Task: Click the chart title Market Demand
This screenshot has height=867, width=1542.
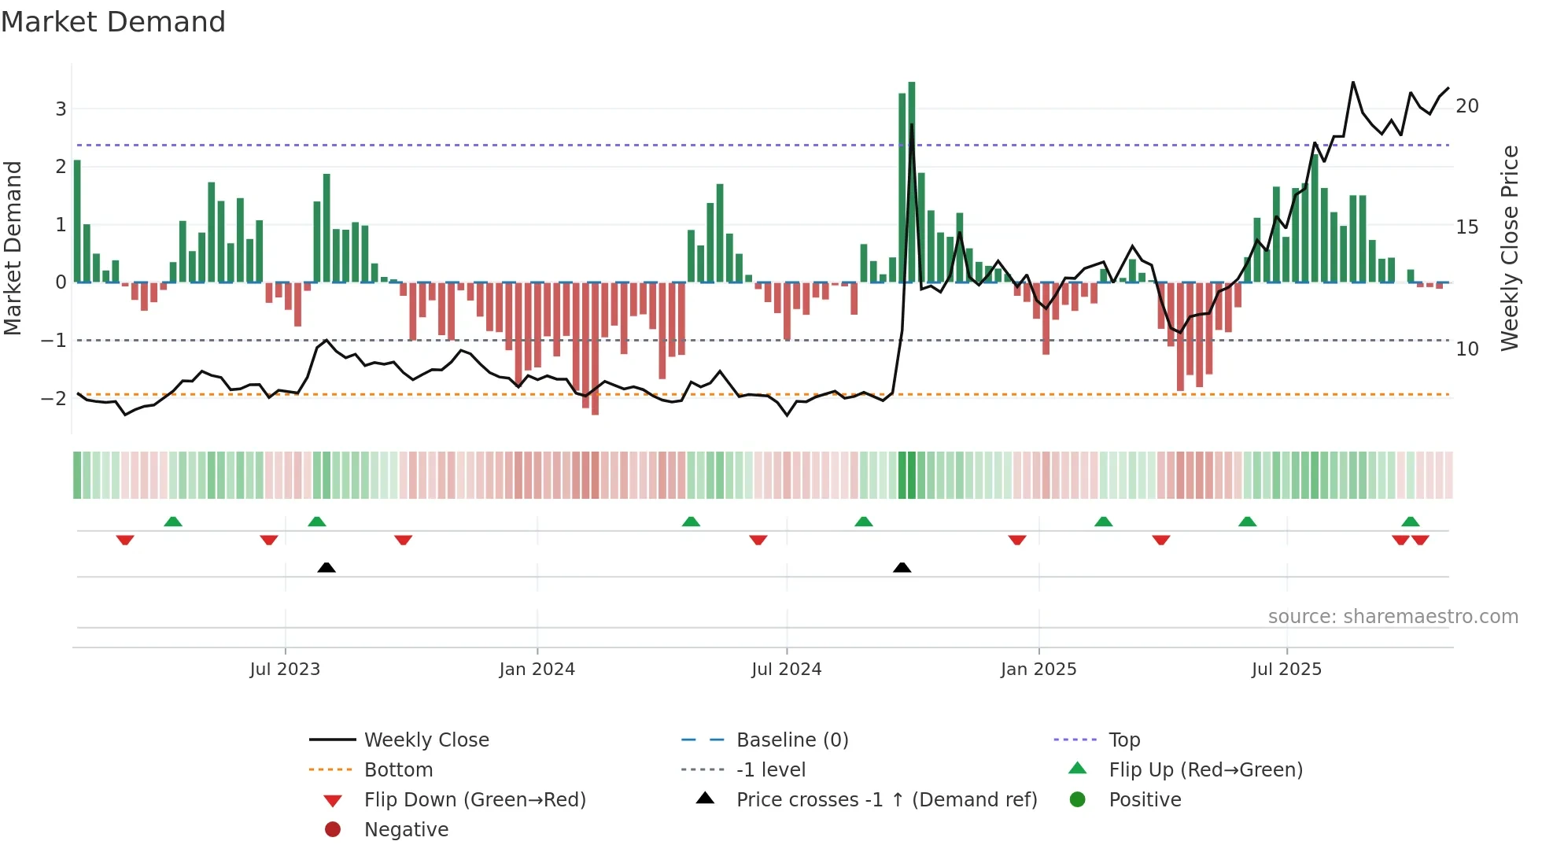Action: point(113,22)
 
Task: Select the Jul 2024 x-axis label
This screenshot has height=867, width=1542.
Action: point(786,670)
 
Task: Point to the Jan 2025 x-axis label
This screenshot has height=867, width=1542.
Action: point(1038,670)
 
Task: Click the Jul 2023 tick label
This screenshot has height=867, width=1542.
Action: point(285,670)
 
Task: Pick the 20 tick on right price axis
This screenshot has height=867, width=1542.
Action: point(1466,106)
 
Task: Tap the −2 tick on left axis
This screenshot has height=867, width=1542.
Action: point(54,398)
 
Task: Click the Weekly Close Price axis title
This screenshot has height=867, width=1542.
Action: point(1509,248)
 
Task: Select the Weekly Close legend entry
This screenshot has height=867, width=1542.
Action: point(426,740)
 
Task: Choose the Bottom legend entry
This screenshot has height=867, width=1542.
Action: point(398,770)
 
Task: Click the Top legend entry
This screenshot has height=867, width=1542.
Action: point(1123,740)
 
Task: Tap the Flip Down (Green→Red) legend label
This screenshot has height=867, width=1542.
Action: point(474,800)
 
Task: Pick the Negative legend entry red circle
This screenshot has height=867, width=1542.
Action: point(333,830)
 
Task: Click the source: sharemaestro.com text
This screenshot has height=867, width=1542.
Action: point(1393,617)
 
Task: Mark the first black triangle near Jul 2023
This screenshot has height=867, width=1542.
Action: point(326,567)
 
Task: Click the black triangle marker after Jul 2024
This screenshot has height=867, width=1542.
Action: point(902,567)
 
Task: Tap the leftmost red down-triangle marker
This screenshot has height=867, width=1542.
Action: point(125,540)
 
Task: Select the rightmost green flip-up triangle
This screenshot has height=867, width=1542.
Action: point(1410,522)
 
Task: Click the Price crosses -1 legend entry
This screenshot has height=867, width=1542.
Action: point(886,800)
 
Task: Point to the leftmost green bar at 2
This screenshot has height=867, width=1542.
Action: point(77,221)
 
